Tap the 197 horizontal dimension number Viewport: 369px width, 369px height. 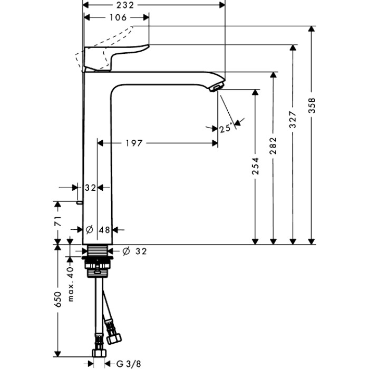pyautogui.click(x=135, y=143)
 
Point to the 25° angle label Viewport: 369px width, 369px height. pyautogui.click(x=226, y=127)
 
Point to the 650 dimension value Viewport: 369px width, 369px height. pyautogui.click(x=59, y=299)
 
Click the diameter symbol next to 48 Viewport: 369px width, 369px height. pyautogui.click(x=89, y=230)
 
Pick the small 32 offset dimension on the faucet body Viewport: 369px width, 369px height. pyautogui.click(x=90, y=188)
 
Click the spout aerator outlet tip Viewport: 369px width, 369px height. pyautogui.click(x=217, y=86)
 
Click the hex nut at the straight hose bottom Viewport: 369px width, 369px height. pyautogui.click(x=98, y=352)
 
